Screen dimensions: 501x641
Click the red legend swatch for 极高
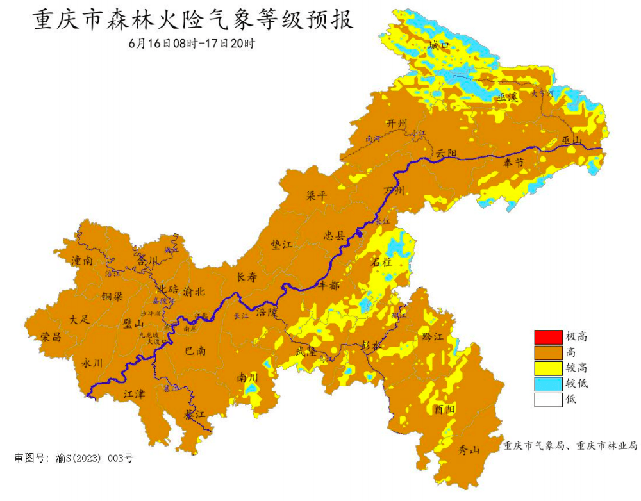[x=546, y=336]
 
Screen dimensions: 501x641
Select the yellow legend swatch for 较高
[x=546, y=368]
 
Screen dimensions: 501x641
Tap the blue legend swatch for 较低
[x=546, y=384]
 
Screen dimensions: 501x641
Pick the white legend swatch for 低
[x=546, y=399]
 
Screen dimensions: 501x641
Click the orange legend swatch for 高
[x=546, y=352]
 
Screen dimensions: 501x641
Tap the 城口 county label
[x=439, y=45]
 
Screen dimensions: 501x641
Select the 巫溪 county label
[x=507, y=97]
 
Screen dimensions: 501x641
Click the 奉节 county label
[x=514, y=163]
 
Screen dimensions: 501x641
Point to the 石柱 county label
[x=381, y=261]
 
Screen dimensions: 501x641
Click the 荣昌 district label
[x=51, y=336]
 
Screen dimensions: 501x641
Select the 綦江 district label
[x=195, y=415]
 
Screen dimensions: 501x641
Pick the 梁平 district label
[x=316, y=196]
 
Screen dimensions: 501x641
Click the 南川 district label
[x=247, y=377]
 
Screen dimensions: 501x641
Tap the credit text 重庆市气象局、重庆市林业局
[x=570, y=445]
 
